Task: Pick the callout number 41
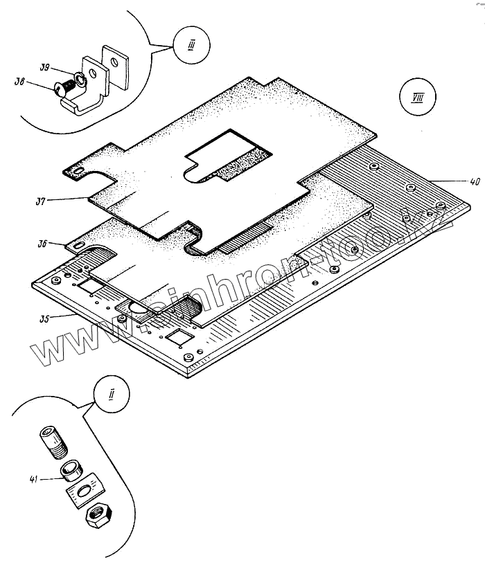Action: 34,478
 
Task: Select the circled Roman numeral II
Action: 111,396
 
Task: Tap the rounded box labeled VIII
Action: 413,98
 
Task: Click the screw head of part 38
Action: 60,88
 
